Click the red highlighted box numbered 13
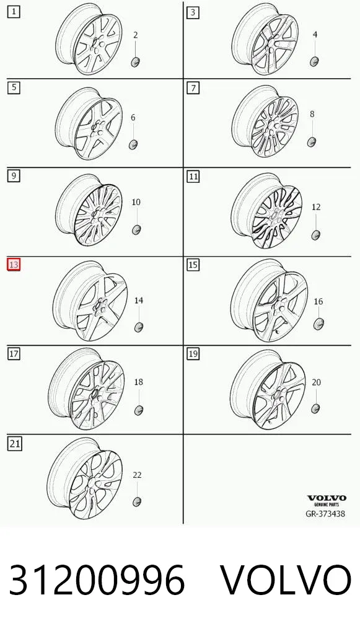click(14, 265)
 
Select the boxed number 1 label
click(14, 12)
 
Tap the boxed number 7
click(193, 88)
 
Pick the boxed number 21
click(14, 443)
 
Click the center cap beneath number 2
click(135, 61)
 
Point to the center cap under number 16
click(318, 324)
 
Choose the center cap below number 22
click(137, 502)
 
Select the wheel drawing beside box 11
click(266, 211)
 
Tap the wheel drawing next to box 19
click(268, 389)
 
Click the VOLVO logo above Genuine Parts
click(327, 498)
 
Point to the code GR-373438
click(325, 513)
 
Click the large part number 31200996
click(97, 580)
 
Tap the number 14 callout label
click(138, 300)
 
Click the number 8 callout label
click(312, 114)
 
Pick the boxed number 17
click(14, 354)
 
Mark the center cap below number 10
click(136, 230)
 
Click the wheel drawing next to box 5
click(89, 123)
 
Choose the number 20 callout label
click(317, 382)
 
